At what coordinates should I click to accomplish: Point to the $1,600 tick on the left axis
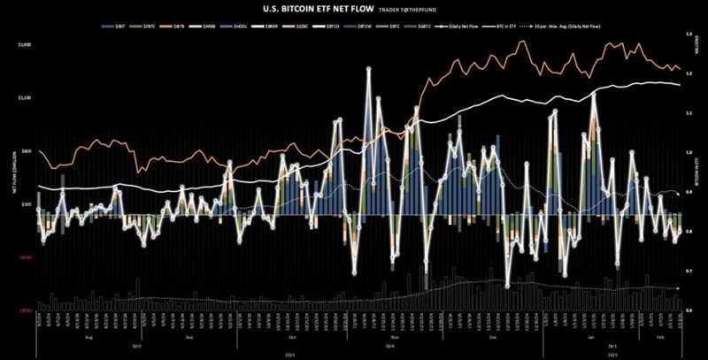25,43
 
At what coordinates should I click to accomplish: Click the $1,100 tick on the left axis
25,97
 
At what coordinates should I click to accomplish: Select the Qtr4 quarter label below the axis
389,347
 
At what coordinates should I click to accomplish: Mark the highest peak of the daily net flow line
368,70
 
